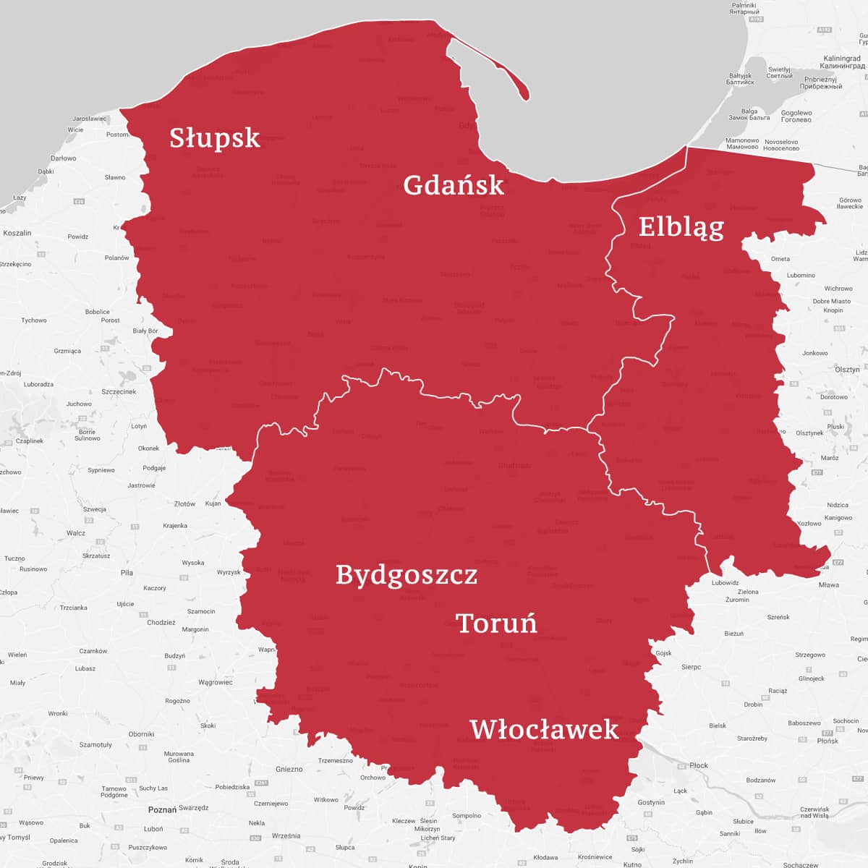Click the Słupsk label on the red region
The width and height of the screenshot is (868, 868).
[215, 137]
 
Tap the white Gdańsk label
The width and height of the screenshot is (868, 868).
[453, 185]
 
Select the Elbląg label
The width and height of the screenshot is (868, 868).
[681, 227]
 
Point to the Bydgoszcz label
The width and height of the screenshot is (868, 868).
[407, 574]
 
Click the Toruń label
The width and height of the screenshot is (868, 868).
[496, 623]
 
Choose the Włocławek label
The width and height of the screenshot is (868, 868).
[544, 729]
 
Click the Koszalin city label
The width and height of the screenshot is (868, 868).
[17, 233]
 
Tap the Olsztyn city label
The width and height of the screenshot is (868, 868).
[847, 370]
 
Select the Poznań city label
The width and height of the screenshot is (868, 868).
[162, 809]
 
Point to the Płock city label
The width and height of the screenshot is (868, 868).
[699, 765]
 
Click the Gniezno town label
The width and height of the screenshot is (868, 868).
[289, 769]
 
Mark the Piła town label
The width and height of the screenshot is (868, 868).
[127, 572]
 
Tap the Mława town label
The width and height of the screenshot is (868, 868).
[829, 584]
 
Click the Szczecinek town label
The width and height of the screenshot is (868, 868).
[119, 391]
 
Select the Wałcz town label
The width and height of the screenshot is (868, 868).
[76, 533]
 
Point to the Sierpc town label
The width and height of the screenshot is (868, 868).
[691, 667]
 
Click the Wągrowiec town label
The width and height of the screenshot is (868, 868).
[215, 682]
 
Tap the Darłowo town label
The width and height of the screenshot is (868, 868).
[64, 158]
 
